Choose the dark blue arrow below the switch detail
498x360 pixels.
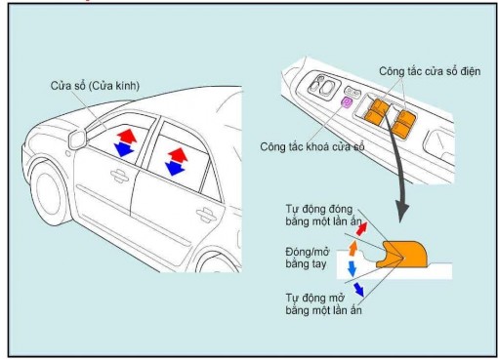pyautogui.click(x=357, y=288)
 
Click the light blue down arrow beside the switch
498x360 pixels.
pyautogui.click(x=352, y=266)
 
